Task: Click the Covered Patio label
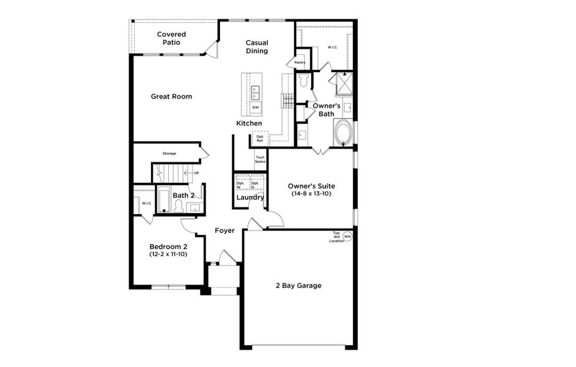(x=171, y=38)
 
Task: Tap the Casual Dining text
(x=257, y=46)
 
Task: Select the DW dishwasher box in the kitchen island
(x=256, y=108)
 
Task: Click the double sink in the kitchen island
(x=256, y=92)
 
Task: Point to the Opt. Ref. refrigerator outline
(x=260, y=139)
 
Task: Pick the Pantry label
(x=300, y=62)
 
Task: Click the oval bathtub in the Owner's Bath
(x=343, y=132)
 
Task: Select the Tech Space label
(x=260, y=160)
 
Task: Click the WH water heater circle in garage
(x=347, y=235)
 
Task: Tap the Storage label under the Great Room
(x=169, y=153)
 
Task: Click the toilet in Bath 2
(x=179, y=207)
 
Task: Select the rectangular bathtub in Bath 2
(x=164, y=200)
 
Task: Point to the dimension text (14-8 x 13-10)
(x=312, y=194)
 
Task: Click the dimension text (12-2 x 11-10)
(x=168, y=254)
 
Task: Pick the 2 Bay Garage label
(x=298, y=286)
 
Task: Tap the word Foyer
(x=224, y=231)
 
